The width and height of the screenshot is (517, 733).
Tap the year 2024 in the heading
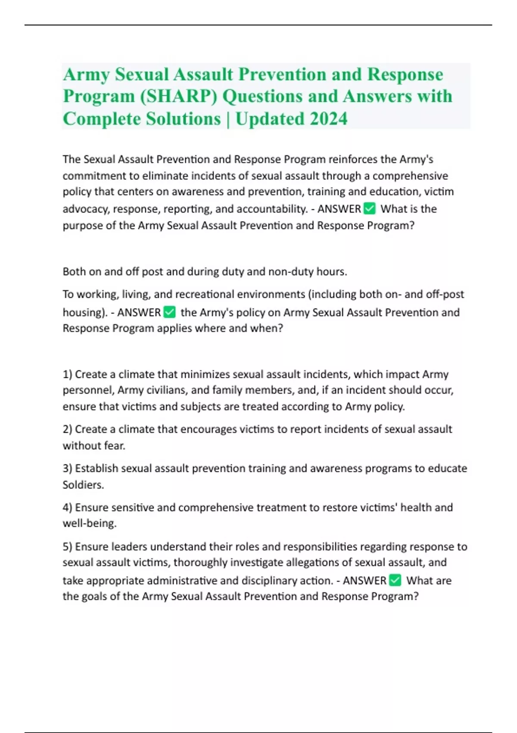coord(328,119)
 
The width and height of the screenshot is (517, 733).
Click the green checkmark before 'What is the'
coord(370,209)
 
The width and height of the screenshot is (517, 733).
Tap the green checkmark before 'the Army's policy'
coord(170,312)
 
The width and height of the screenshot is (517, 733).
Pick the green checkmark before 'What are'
coord(395,580)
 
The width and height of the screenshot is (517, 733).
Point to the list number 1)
coord(67,374)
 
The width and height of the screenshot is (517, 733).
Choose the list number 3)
coord(67,468)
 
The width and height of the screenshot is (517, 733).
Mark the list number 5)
coord(67,547)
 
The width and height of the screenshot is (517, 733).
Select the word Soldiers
coord(83,485)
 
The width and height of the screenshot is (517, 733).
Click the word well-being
coord(89,523)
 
